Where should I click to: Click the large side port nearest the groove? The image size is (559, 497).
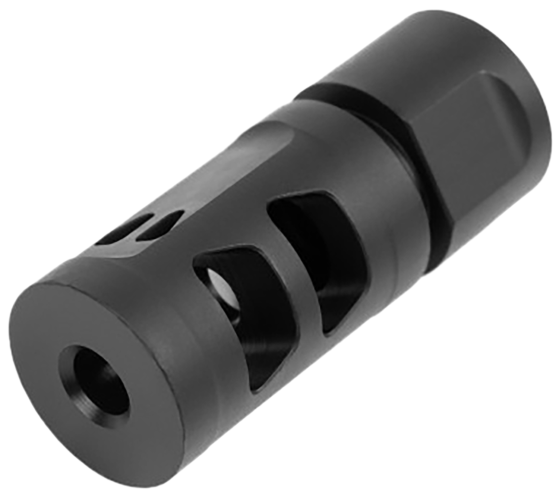click(317, 254)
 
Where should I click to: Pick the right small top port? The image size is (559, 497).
click(160, 224)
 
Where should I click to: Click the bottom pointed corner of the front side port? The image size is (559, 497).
click(257, 388)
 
